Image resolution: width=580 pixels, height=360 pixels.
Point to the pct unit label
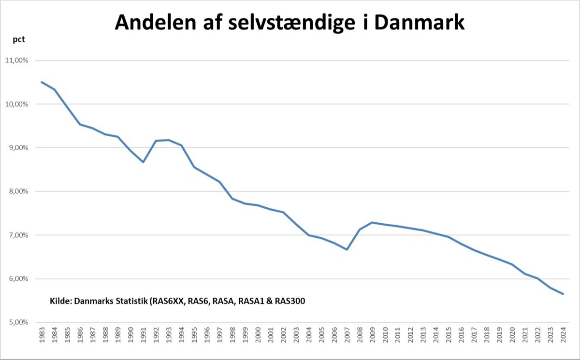tap(18, 40)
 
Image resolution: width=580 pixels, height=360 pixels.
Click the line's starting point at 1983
tap(42, 82)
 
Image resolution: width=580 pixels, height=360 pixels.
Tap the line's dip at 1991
tap(143, 162)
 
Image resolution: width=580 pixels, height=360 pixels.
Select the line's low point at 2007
tap(347, 249)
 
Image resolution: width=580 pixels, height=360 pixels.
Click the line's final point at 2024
tap(563, 294)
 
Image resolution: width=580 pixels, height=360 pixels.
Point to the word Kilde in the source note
tap(60, 301)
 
